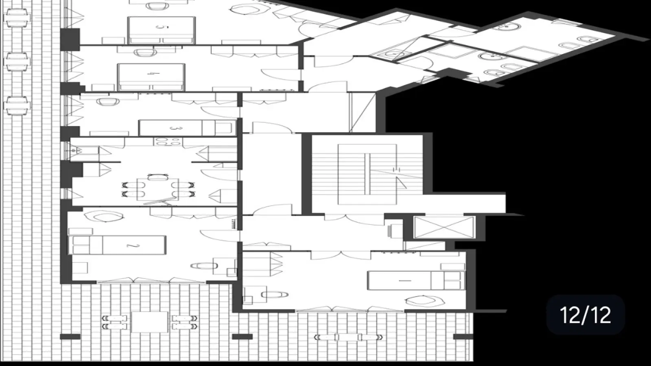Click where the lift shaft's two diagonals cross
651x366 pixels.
(444, 227)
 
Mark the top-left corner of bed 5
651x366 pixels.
(128, 17)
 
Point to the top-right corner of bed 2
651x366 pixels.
(166, 236)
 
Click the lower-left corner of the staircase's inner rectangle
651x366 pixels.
(338, 205)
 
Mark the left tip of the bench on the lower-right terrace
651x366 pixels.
(315, 337)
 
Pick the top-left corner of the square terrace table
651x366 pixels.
(131, 312)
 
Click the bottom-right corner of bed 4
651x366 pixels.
(185, 90)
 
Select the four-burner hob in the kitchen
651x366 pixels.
(168, 142)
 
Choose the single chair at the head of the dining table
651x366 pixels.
(157, 177)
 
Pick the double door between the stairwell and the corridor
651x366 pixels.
(354, 219)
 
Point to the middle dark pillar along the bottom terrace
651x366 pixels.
(242, 337)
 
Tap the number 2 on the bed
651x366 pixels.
(133, 246)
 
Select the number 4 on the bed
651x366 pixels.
(149, 73)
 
